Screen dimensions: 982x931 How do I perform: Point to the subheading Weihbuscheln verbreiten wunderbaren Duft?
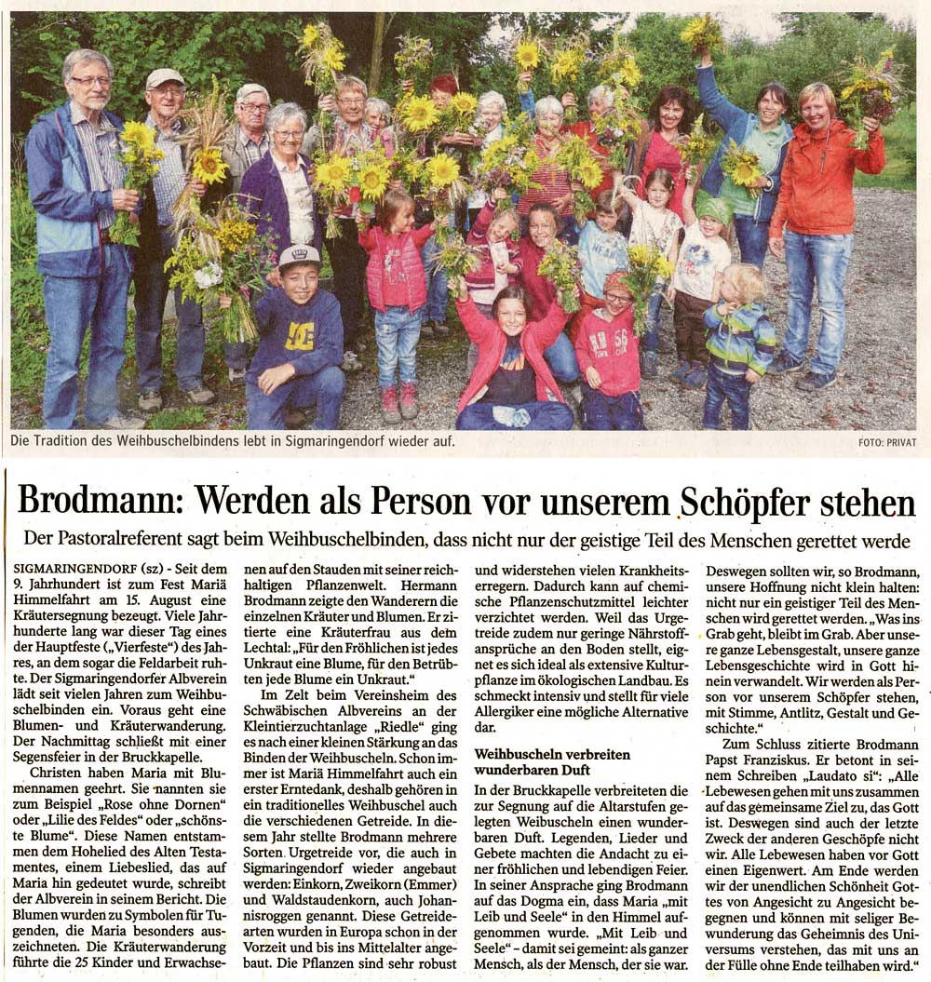tap(552, 761)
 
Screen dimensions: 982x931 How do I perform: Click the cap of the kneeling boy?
tap(299, 254)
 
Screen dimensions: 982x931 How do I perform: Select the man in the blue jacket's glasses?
tap(91, 81)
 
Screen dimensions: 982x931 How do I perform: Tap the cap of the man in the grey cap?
tap(165, 77)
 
